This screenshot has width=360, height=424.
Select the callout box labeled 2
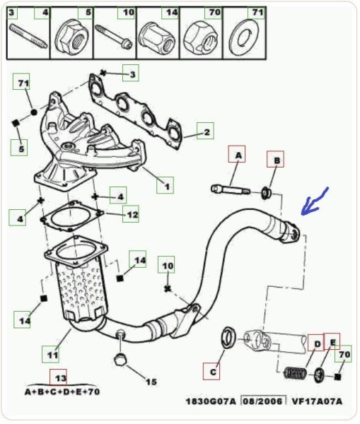pos(205,131)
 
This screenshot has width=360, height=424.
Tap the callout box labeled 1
pos(165,185)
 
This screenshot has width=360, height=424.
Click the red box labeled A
pos(236,154)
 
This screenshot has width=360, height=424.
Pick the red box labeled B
pos(276,159)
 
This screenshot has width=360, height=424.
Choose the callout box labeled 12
pos(131,214)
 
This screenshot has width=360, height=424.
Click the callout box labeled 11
pos(50,354)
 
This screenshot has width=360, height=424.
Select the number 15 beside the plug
pos(151,382)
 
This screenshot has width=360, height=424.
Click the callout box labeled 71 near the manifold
pos(21,81)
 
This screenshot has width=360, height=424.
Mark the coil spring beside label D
pos(295,373)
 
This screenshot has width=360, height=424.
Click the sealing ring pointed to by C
pos(228,337)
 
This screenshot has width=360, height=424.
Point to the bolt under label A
pos(231,189)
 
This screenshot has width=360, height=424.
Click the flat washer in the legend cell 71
pos(243,37)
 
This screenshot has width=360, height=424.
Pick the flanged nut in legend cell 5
pos(70,37)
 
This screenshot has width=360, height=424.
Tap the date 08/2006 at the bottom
pos(263,401)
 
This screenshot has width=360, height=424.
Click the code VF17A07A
pos(317,401)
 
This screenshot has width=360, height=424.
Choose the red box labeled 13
pos(58,377)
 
